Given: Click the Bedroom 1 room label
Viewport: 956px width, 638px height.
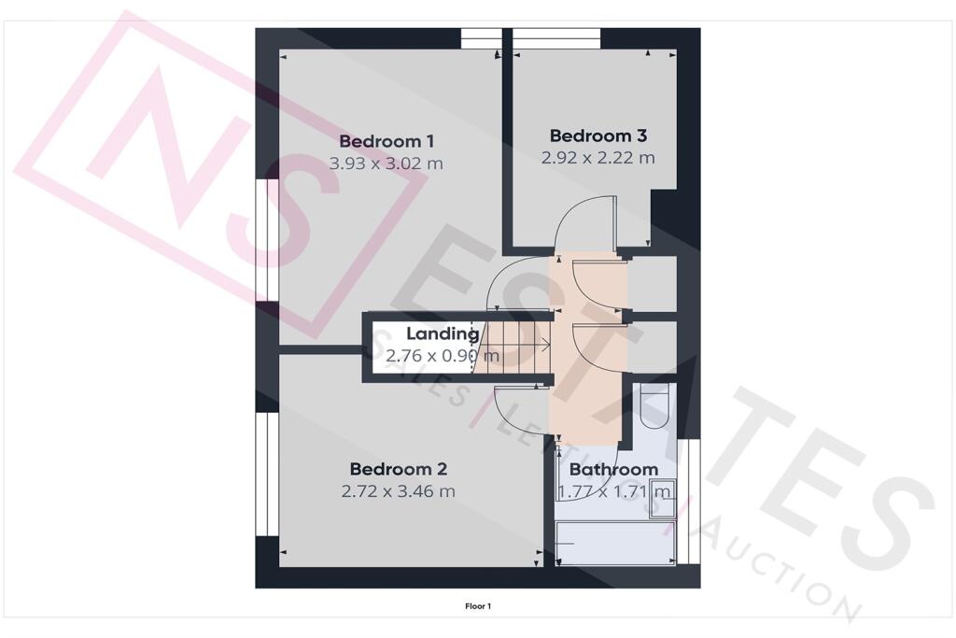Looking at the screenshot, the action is coord(387,141).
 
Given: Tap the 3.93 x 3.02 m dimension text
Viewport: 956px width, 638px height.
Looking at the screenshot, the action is coord(386,163).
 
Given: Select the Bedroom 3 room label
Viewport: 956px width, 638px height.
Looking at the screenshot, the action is coord(598,135).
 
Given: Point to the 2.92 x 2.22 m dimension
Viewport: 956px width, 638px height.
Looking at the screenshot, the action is coord(598,158).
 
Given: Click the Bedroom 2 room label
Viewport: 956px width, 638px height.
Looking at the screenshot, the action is coord(398,469).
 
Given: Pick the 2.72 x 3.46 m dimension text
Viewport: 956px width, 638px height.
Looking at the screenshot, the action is coord(398,491).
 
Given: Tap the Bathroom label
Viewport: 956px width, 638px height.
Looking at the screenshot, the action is coord(613,470).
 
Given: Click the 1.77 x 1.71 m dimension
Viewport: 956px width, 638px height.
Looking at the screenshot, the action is coord(614,491).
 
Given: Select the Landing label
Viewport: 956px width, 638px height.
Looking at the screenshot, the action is coord(443,333).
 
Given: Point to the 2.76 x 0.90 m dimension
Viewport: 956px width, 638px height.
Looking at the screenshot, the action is coord(443,355).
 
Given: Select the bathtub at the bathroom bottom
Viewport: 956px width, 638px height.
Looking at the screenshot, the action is coord(616,544).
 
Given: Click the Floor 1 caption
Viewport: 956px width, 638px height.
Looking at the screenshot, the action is coord(478,606).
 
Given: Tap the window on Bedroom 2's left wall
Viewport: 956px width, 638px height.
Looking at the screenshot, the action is coord(267,475).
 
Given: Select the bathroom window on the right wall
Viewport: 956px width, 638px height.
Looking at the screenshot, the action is coord(688,502).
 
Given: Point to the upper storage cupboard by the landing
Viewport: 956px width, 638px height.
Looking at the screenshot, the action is coord(653,284).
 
